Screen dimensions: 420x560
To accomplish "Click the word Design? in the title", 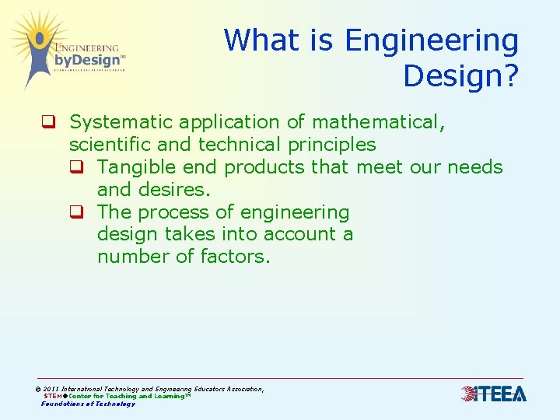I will click(x=460, y=75).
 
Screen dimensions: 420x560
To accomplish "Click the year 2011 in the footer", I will click(x=51, y=389).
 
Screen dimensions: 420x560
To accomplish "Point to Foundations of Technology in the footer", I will click(x=88, y=404).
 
